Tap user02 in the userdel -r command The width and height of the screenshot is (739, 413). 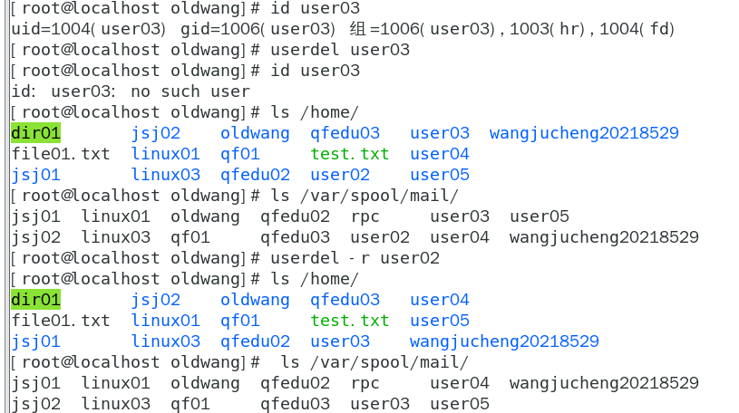(410, 258)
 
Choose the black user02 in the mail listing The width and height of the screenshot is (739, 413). (380, 237)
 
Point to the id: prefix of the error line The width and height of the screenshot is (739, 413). (24, 91)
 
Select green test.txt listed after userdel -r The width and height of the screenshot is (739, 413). (350, 321)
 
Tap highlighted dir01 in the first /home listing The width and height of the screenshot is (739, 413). (36, 134)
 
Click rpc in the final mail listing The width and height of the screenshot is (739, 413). (365, 383)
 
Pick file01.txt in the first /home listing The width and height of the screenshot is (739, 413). (61, 154)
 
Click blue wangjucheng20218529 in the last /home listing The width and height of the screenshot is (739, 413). (504, 341)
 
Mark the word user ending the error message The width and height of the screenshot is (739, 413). (230, 91)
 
